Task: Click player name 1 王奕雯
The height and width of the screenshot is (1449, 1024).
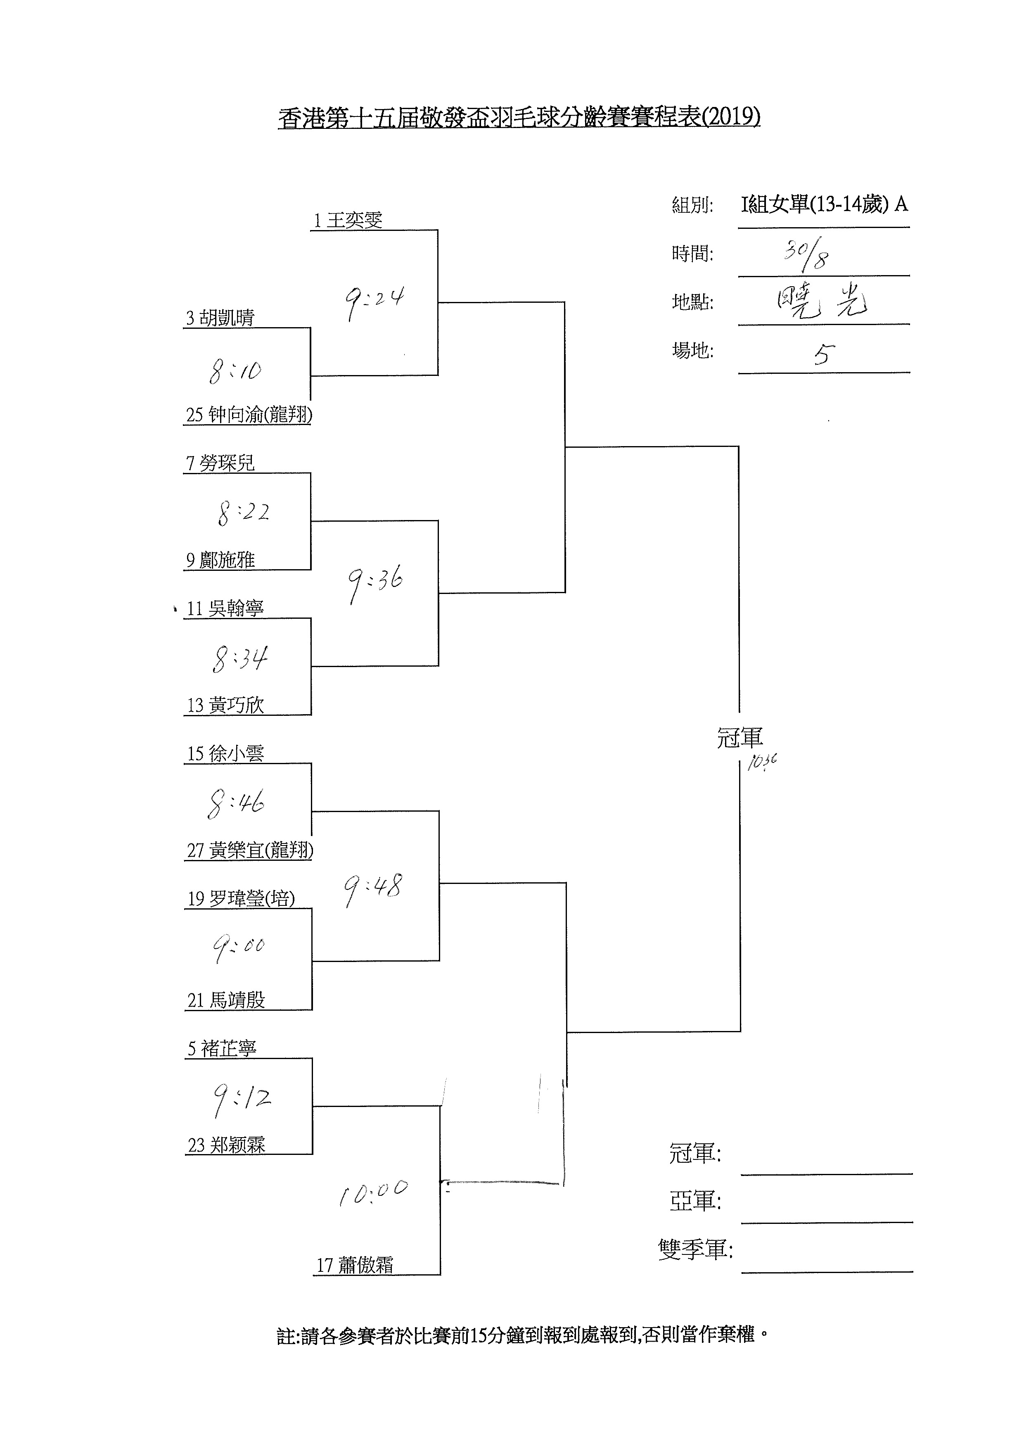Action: pos(348,220)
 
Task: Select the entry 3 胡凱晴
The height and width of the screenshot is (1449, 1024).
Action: pos(220,318)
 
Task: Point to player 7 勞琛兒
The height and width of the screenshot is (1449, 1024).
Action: pos(220,463)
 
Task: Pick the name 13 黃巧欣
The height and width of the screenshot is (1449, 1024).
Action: pos(225,705)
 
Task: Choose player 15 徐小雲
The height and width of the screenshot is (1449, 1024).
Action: pos(225,753)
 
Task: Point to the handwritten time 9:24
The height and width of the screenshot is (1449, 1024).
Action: pos(374,301)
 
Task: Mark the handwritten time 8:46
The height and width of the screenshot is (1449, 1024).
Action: pos(236,803)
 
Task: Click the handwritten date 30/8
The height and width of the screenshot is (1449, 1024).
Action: pos(807,255)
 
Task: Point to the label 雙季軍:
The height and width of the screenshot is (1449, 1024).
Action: pos(695,1249)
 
